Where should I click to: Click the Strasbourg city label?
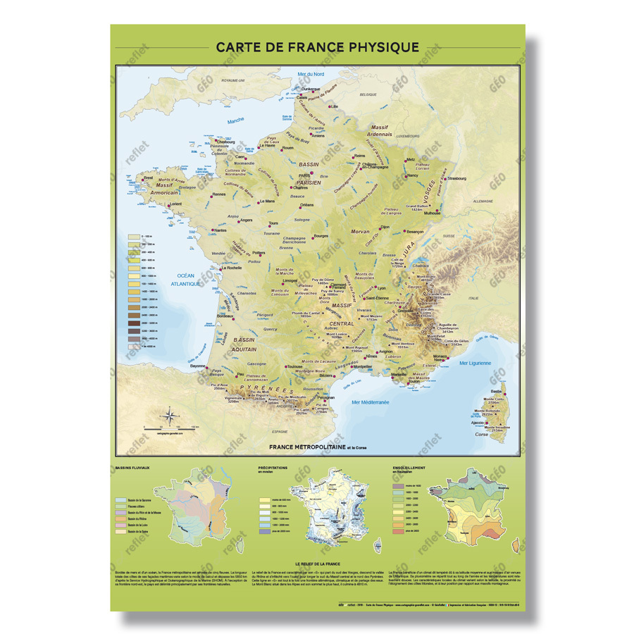click(x=454, y=178)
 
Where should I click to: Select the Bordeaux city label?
click(x=225, y=317)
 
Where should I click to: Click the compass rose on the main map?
click(x=169, y=418)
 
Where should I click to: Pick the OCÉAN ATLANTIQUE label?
click(x=185, y=279)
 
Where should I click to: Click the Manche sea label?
click(x=235, y=121)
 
